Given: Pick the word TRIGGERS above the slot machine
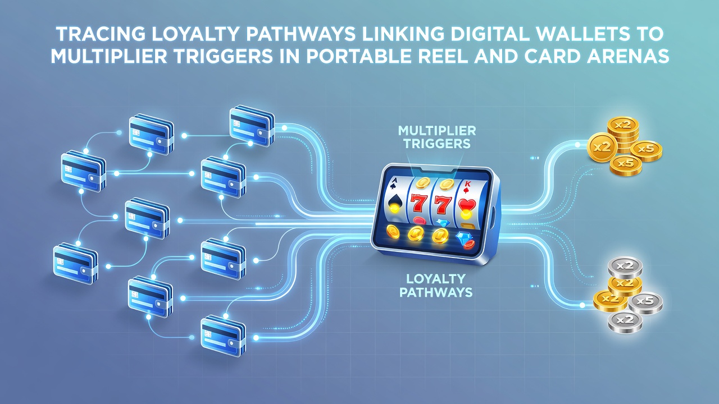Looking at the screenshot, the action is pyautogui.click(x=437, y=143).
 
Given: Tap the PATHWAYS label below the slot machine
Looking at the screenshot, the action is pyautogui.click(x=435, y=292).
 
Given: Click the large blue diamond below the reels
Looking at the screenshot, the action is pyautogui.click(x=463, y=237).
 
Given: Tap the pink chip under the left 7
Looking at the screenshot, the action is pyautogui.click(x=419, y=221).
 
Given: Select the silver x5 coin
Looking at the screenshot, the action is pyautogui.click(x=645, y=303).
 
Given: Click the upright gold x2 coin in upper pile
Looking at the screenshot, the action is pyautogui.click(x=603, y=148).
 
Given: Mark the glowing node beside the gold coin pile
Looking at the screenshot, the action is pyautogui.click(x=577, y=145).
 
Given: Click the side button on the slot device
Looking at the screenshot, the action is pyautogui.click(x=494, y=214).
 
